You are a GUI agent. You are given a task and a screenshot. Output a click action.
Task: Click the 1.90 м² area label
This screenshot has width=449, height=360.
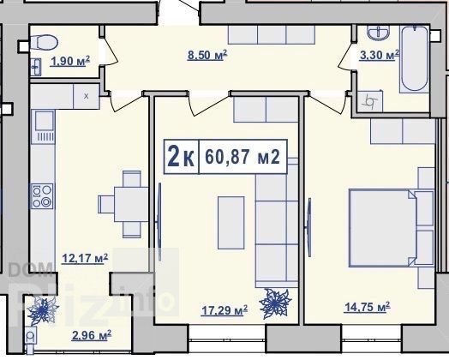pyautogui.click(x=70, y=61)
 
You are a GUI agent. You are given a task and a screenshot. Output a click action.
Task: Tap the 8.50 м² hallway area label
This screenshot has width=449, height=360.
pyautogui.click(x=207, y=54)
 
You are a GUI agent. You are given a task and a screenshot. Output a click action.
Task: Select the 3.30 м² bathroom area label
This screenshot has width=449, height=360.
pyautogui.click(x=379, y=54)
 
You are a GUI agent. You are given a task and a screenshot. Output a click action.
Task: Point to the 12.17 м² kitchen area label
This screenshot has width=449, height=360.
pyautogui.click(x=85, y=258)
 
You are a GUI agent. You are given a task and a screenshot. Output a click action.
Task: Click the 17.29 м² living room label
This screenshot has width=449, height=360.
pyautogui.click(x=224, y=310)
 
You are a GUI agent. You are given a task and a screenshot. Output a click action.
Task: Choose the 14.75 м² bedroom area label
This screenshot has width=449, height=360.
pyautogui.click(x=367, y=307)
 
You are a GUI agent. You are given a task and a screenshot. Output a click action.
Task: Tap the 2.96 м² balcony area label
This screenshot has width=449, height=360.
pyautogui.click(x=92, y=335)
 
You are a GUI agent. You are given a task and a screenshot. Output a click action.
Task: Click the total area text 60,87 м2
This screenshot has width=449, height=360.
pyautogui.click(x=242, y=157)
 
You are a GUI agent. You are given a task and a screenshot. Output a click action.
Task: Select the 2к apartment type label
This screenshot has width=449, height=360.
pyautogui.click(x=181, y=156)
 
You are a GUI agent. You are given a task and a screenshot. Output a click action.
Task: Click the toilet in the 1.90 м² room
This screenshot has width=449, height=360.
pyautogui.click(x=44, y=43)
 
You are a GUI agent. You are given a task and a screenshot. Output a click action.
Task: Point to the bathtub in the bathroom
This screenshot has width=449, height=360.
pyautogui.click(x=415, y=58)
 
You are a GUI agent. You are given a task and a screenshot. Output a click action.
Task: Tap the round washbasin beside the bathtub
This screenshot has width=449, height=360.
pyautogui.click(x=378, y=32)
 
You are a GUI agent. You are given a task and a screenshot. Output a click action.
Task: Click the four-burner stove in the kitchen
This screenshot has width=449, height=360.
pyautogui.click(x=42, y=196)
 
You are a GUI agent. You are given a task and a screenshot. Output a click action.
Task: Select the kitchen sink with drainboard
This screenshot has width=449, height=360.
pyautogui.click(x=43, y=127)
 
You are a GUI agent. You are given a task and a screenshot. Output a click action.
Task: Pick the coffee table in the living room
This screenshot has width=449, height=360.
pyautogui.click(x=231, y=223)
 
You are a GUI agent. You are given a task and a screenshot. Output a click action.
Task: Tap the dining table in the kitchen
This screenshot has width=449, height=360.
pyautogui.click(x=131, y=204)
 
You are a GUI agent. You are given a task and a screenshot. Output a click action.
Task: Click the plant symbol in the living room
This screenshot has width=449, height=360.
pyautogui.click(x=275, y=303)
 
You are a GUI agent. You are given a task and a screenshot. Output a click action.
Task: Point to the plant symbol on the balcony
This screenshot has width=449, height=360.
pyautogui.click(x=43, y=310)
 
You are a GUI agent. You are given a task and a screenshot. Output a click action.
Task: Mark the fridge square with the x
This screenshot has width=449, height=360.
pyautogui.click(x=87, y=96)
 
